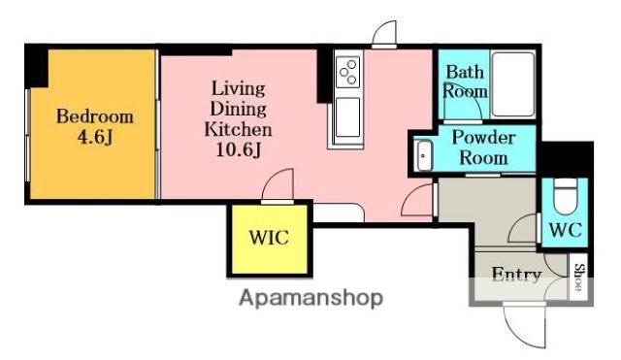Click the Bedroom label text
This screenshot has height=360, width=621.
pyautogui.click(x=94, y=117)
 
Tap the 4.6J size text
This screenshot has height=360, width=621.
pyautogui.click(x=95, y=137)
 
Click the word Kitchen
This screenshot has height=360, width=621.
pyautogui.click(x=237, y=128)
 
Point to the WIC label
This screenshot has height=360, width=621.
pyautogui.click(x=268, y=238)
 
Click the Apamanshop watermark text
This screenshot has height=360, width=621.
pyautogui.click(x=310, y=297)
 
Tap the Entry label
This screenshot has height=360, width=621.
pyautogui.click(x=515, y=275)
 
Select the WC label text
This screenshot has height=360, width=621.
pyautogui.click(x=565, y=231)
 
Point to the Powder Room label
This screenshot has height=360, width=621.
pyautogui.click(x=482, y=147)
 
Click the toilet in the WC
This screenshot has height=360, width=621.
pyautogui.click(x=566, y=196)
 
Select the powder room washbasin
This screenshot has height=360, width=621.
pyautogui.click(x=424, y=153)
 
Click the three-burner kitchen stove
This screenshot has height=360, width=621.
pyautogui.click(x=347, y=71)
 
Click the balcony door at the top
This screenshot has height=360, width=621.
pyautogui.click(x=384, y=34)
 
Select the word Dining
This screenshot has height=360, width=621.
pyautogui.click(x=237, y=109)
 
